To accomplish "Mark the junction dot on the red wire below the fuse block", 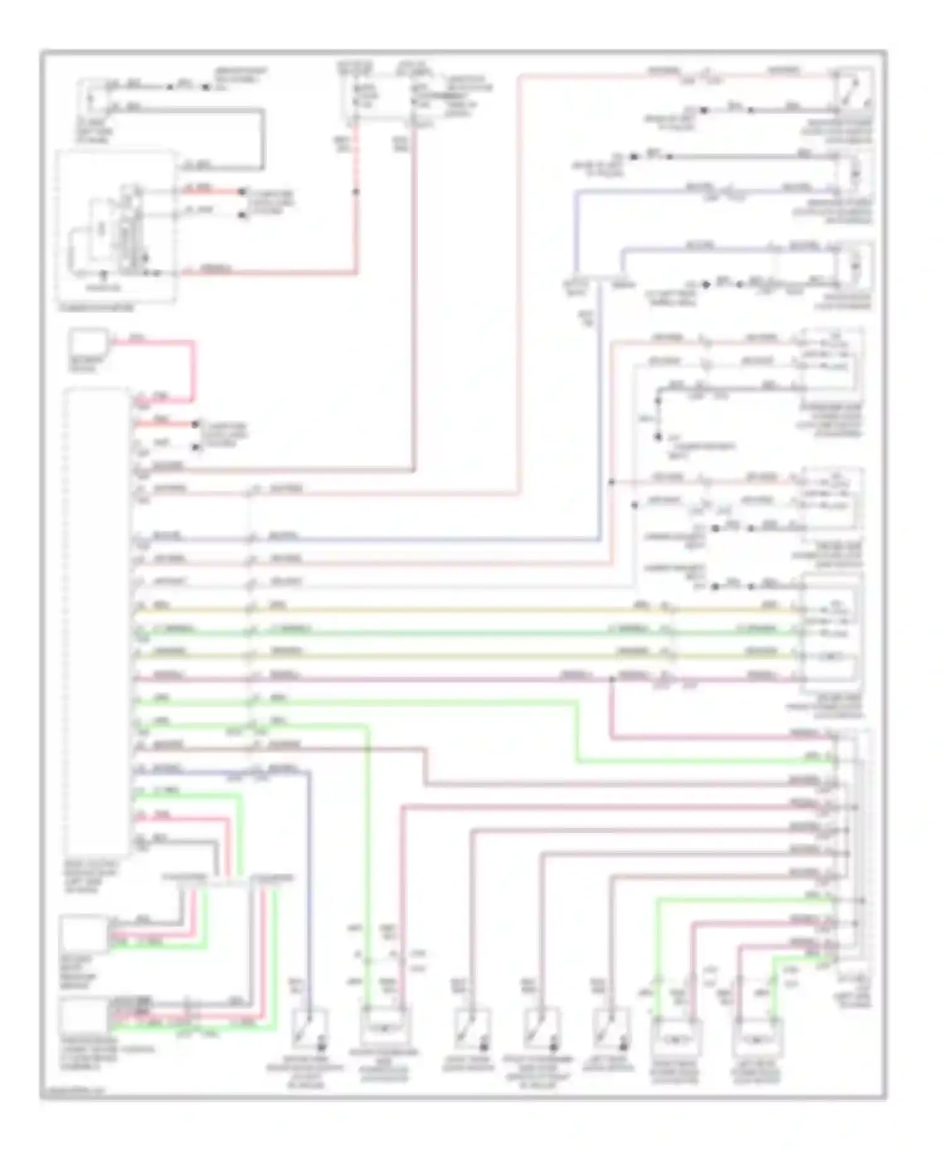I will [x=356, y=191].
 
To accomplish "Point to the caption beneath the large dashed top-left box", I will [x=96, y=308].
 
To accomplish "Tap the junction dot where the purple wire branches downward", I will [x=611, y=679].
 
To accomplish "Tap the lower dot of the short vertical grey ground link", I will [x=658, y=436].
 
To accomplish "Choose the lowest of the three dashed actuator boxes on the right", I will [x=831, y=635].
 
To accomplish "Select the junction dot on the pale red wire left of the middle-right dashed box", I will [x=611, y=482].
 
